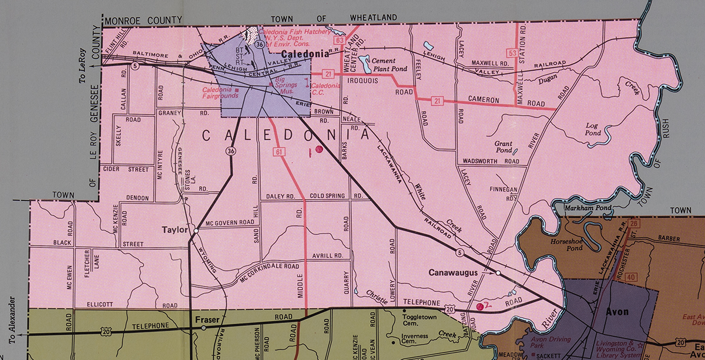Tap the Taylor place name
(x=174, y=231)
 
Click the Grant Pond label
(x=503, y=146)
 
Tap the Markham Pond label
(x=587, y=208)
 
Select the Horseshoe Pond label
(x=582, y=244)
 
